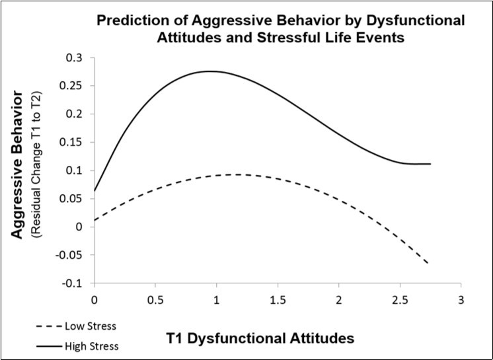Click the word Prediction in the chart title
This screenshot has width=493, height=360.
(x=128, y=20)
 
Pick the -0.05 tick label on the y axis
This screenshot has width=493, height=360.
(x=73, y=255)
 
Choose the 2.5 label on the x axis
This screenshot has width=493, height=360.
(x=399, y=298)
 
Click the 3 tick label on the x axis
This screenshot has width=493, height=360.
(x=461, y=298)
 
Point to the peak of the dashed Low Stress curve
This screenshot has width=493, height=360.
(x=235, y=174)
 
